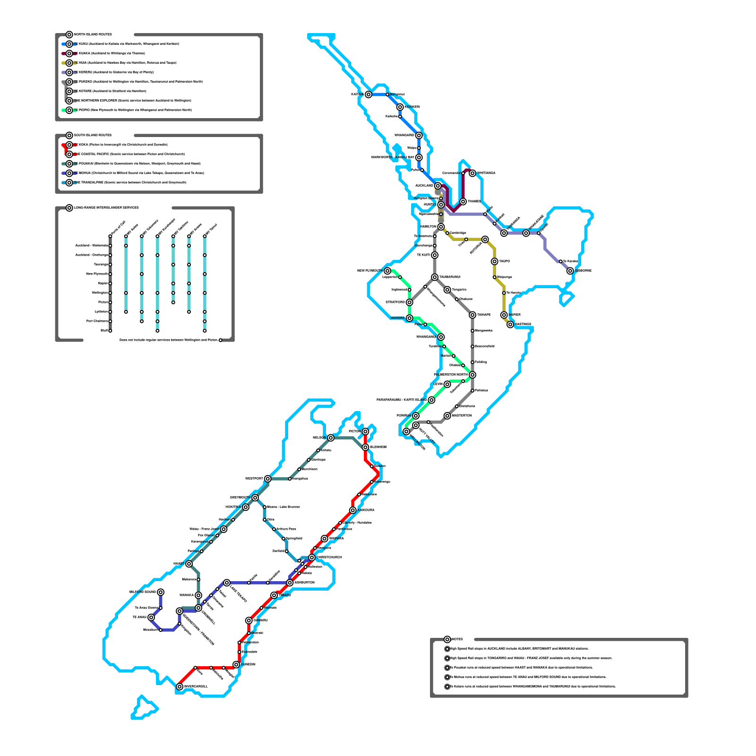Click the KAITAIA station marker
tap(369, 94)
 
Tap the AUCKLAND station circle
tap(438, 186)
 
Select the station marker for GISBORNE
tap(570, 271)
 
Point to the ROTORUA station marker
tap(485, 240)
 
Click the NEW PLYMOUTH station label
tap(369, 271)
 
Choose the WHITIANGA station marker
tap(472, 173)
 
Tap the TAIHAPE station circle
tap(472, 315)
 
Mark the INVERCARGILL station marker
tap(180, 687)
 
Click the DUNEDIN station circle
tap(236, 665)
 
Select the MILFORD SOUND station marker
tap(161, 592)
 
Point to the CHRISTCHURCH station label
tap(329, 558)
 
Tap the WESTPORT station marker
tap(268, 479)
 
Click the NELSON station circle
tap(331, 438)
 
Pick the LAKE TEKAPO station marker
tap(227, 583)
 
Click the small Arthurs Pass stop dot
tap(274, 529)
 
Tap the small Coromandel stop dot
tap(463, 173)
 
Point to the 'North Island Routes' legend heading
tap(93, 34)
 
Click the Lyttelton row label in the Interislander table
tap(101, 312)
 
